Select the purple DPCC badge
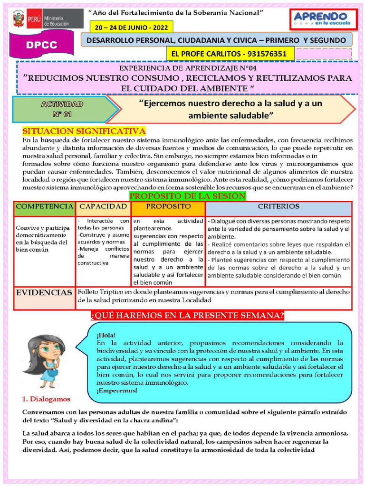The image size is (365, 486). pos(42,46)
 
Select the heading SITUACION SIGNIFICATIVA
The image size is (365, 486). pos(84,131)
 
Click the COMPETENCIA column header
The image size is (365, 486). pos(44,207)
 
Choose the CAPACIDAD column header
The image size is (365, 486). pos(103,207)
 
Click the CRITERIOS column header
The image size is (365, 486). pos(278,207)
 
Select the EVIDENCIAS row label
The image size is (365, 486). pos(44,293)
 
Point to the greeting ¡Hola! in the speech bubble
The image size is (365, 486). pos(106,335)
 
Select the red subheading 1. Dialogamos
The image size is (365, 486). pos(46,399)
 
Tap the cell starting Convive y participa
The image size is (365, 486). pos(44,235)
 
